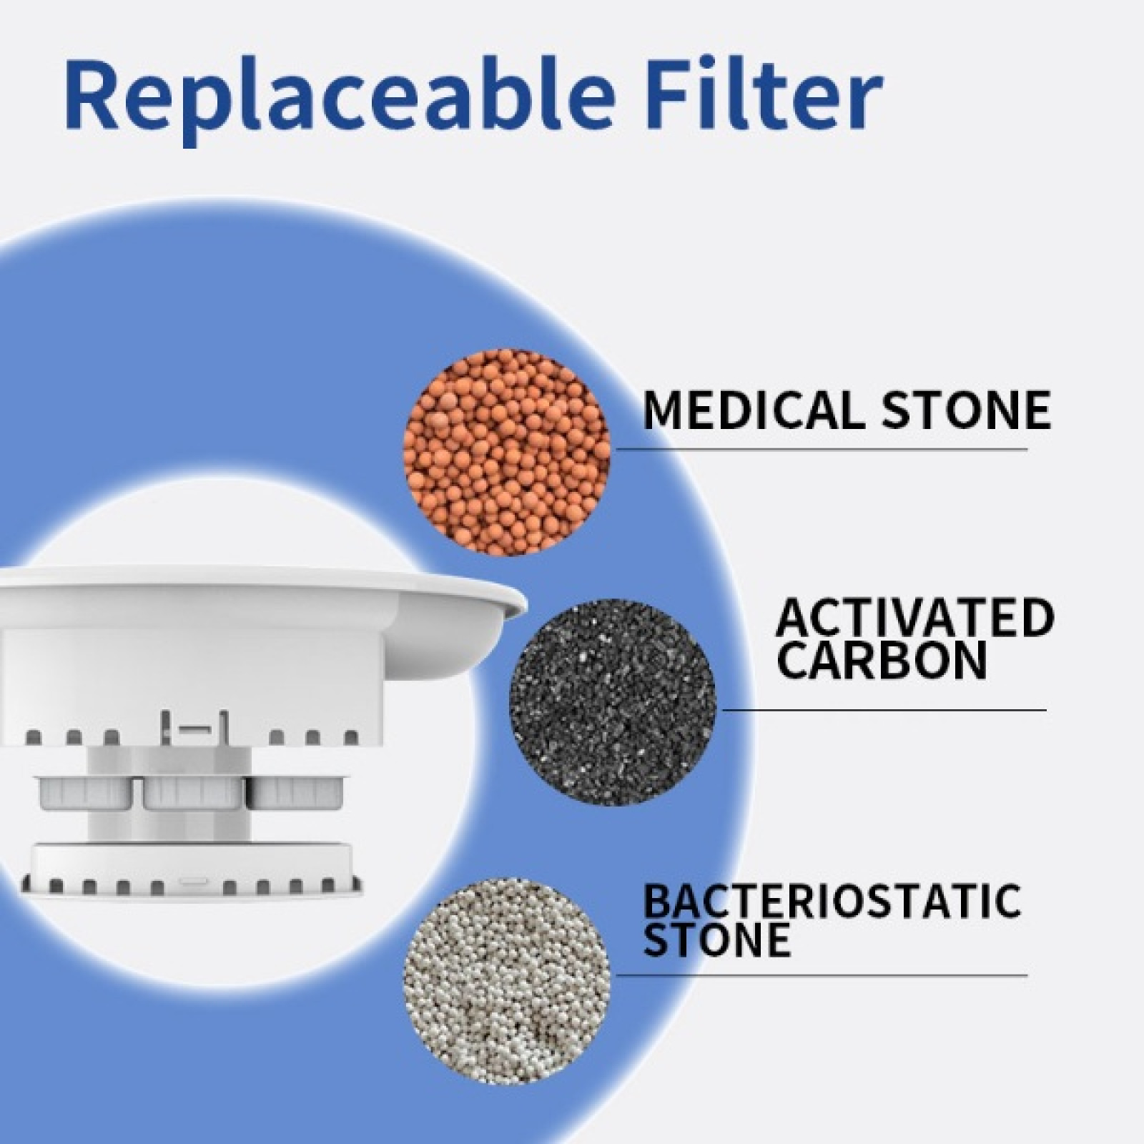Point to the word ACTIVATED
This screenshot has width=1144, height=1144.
(915, 618)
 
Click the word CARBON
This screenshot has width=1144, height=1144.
(882, 661)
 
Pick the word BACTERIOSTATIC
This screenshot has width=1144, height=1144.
(832, 902)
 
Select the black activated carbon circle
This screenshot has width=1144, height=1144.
(612, 703)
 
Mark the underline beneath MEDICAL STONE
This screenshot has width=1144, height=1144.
(822, 450)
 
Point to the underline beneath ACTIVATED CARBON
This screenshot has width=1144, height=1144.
(884, 710)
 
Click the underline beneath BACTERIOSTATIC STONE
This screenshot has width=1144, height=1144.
(822, 975)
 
